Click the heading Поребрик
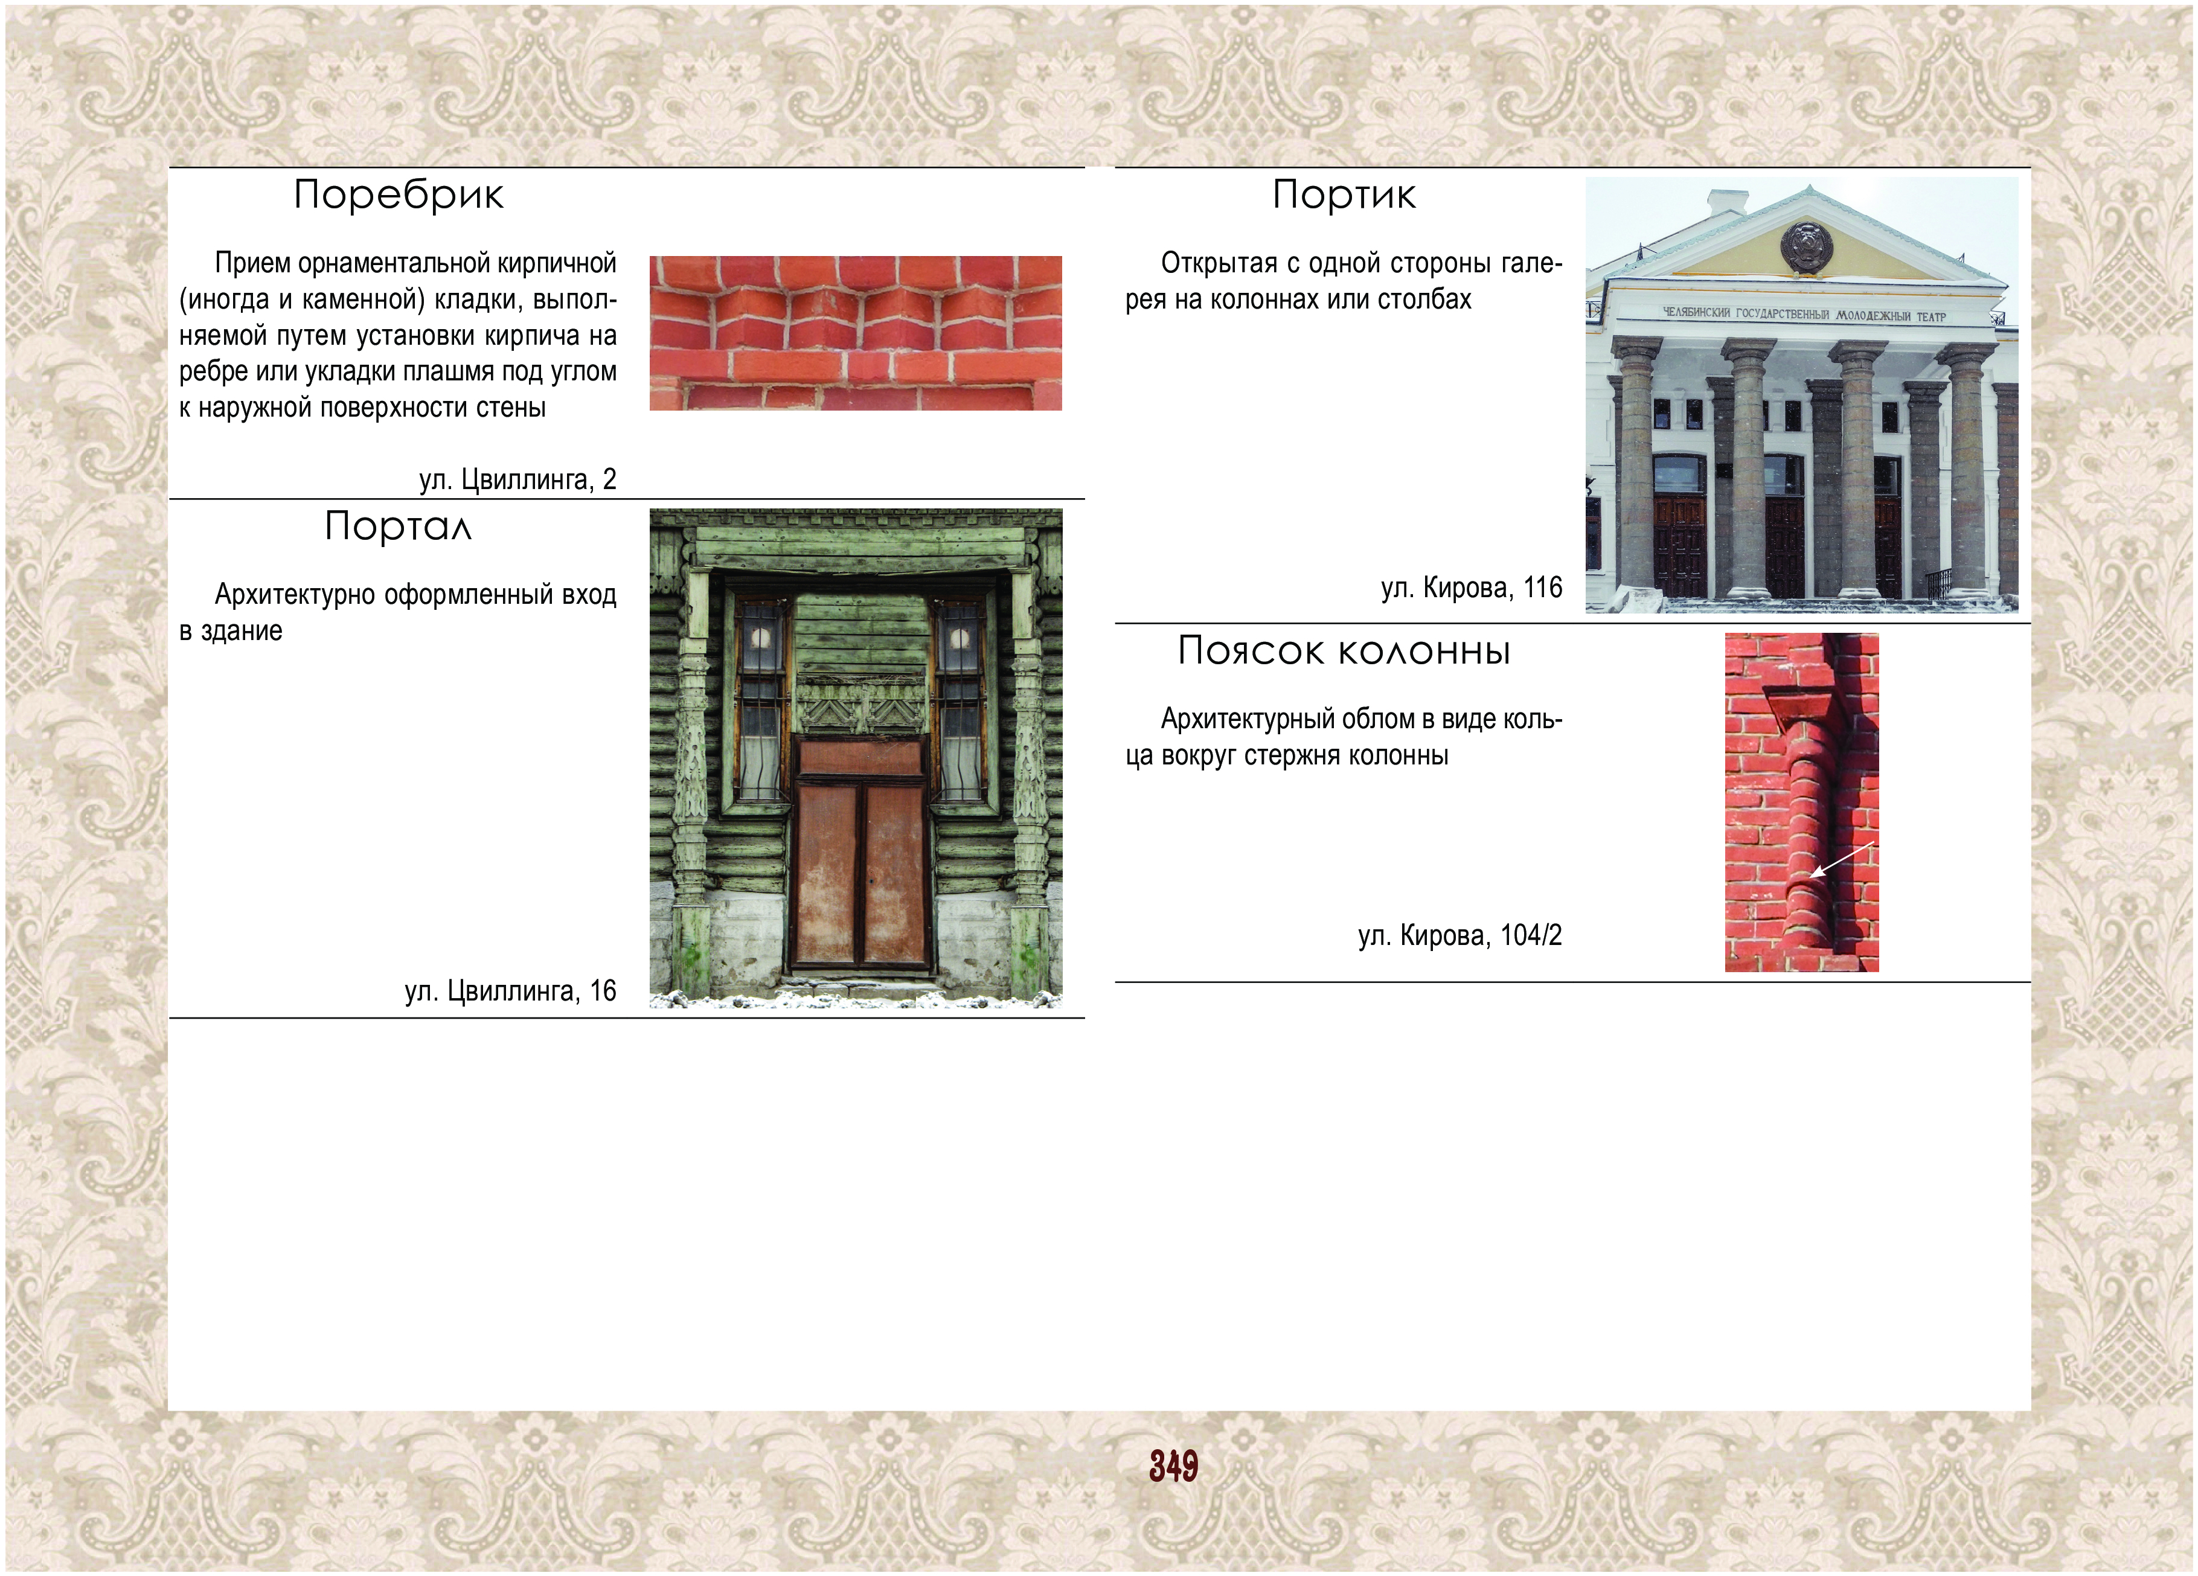pos(399,195)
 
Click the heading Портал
pos(399,527)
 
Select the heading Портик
pos(1344,195)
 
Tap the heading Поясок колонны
pos(1344,650)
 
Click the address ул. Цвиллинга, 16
pos(511,990)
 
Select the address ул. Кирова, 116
pos(1472,588)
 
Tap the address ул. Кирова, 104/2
pos(1461,935)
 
